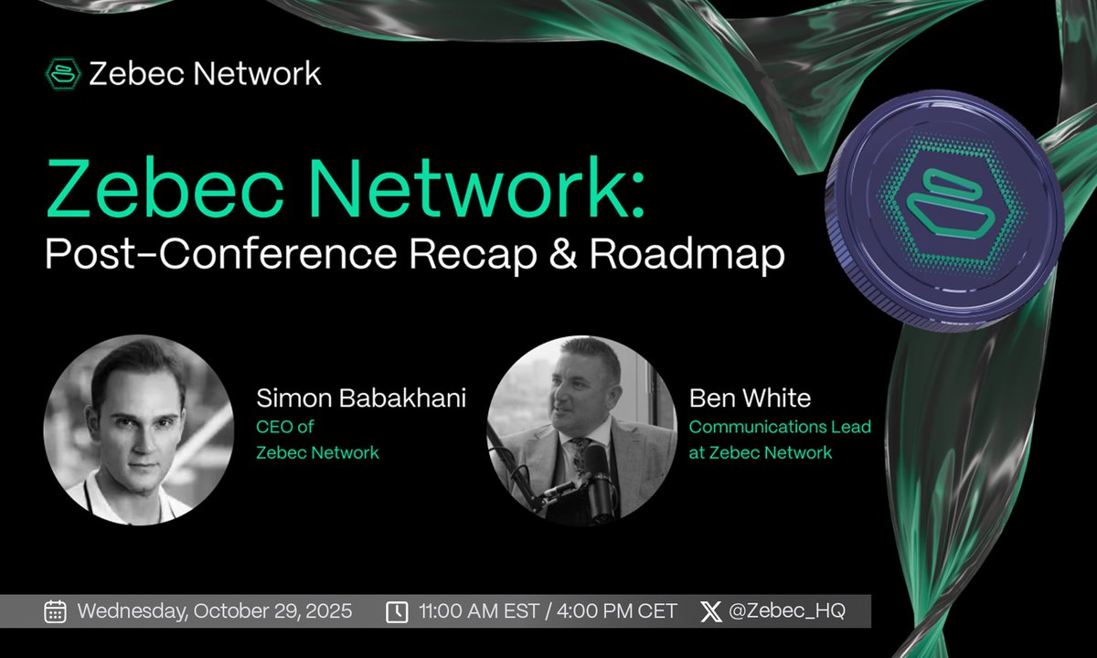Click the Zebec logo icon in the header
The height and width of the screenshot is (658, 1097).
pos(62,73)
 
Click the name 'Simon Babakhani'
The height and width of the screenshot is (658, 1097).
pos(362,398)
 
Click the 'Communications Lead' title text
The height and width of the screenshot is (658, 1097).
pos(780,427)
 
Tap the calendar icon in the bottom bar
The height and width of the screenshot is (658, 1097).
pos(55,611)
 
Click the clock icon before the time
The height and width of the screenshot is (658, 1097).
pos(397,611)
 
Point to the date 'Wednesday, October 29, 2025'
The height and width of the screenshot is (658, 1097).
pos(215,611)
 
